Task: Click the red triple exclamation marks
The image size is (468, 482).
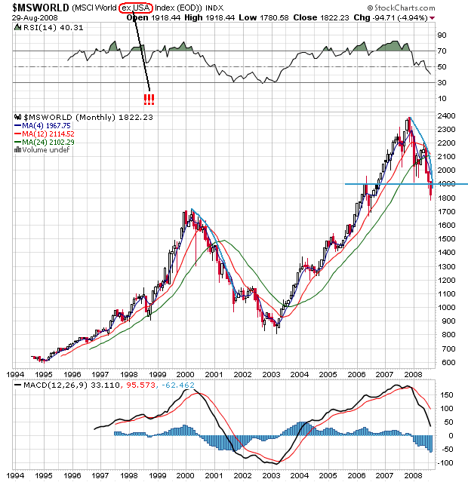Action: point(148,100)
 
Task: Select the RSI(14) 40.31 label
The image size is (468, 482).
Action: point(42,28)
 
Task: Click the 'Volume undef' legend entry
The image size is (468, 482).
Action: point(44,149)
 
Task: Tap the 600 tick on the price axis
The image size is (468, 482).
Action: point(446,362)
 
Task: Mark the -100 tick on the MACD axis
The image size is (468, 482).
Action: point(447,462)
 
